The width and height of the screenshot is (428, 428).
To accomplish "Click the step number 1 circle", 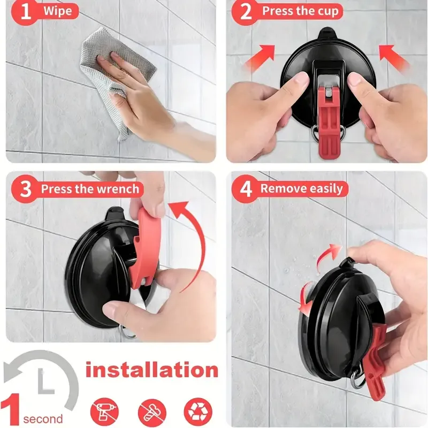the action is click(x=25, y=11).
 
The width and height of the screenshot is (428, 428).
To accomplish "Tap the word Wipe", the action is click(x=58, y=11).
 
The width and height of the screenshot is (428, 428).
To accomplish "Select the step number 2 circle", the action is click(x=246, y=11).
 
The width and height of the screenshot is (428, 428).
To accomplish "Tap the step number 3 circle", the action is click(x=25, y=189).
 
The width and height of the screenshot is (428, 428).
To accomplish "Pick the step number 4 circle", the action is click(x=246, y=189).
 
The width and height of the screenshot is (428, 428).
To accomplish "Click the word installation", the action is click(x=152, y=370).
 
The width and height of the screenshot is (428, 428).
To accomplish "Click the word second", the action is click(x=43, y=419).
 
